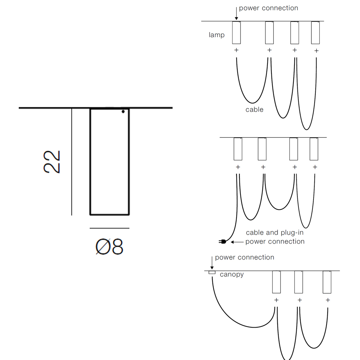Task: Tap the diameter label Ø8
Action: click(109, 247)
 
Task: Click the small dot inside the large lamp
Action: click(123, 112)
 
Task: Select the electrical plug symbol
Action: click(222, 242)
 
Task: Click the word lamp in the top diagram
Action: click(216, 35)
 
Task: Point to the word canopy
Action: click(231, 274)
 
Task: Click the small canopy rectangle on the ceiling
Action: click(212, 273)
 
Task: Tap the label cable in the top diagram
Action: click(254, 109)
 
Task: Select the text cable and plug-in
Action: click(275, 233)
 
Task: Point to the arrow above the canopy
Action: click(212, 264)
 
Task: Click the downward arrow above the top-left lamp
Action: click(236, 14)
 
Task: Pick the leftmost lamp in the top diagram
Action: click(236, 33)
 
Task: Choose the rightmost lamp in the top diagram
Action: click(316, 33)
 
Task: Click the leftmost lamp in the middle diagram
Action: click(238, 149)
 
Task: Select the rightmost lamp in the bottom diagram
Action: click(327, 282)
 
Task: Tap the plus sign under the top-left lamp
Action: click(236, 50)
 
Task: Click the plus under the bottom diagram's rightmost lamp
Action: click(328, 300)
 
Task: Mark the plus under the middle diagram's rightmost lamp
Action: click(315, 167)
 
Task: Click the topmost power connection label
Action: click(269, 8)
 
